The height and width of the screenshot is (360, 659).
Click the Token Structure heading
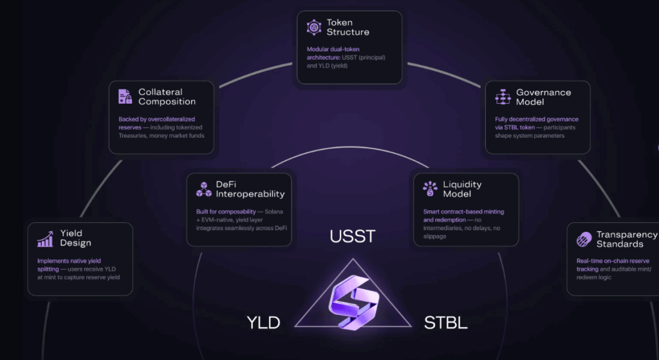pyautogui.click(x=348, y=27)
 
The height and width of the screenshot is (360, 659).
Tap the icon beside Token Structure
pyautogui.click(x=313, y=27)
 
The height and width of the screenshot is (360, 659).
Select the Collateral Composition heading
pyautogui.click(x=167, y=97)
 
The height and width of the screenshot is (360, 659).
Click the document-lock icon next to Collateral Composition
pyautogui.click(x=125, y=97)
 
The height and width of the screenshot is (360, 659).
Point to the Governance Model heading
pyautogui.click(x=544, y=97)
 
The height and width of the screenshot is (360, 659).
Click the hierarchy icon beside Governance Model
pyautogui.click(x=502, y=97)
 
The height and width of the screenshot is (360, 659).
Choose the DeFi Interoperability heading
pyautogui.click(x=250, y=189)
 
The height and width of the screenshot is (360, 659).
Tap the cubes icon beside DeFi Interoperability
pyautogui.click(x=203, y=189)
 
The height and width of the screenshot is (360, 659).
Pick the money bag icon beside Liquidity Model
pyautogui.click(x=429, y=189)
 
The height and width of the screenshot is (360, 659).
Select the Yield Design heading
pyautogui.click(x=75, y=238)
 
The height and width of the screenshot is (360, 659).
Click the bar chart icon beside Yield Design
pyautogui.click(x=45, y=239)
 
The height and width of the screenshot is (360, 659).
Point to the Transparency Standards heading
pyautogui.click(x=626, y=240)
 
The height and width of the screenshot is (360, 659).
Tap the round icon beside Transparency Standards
pyautogui.click(x=582, y=240)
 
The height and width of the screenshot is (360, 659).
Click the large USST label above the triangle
pyautogui.click(x=352, y=237)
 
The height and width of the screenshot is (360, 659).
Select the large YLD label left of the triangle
pyautogui.click(x=263, y=323)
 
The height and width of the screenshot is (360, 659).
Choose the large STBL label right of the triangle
pyautogui.click(x=445, y=323)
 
